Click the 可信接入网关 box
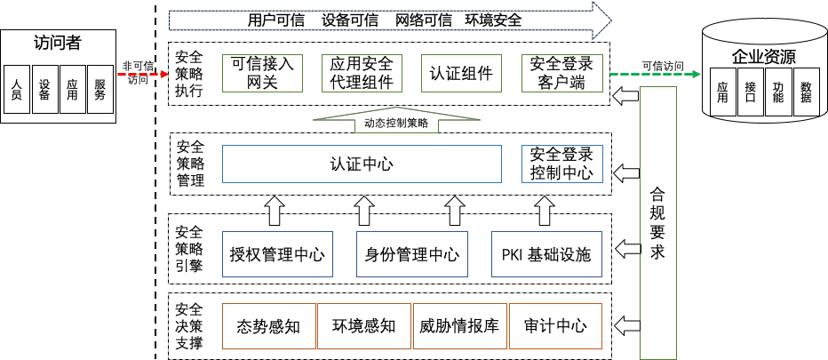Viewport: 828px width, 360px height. tap(262, 73)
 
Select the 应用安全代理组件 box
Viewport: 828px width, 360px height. tap(362, 73)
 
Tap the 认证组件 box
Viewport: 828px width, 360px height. tap(461, 73)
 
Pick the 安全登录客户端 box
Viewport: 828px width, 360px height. tap(561, 73)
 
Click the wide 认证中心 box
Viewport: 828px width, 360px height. tap(362, 164)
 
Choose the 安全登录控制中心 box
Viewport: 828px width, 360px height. tap(561, 164)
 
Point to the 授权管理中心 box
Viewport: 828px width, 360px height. tap(276, 255)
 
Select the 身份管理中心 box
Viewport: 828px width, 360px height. tap(412, 255)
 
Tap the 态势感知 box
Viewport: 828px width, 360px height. tap(268, 325)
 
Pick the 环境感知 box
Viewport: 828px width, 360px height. tap(362, 325)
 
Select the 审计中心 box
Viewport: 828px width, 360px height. tap(556, 325)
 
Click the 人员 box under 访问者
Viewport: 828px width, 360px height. tap(16, 89)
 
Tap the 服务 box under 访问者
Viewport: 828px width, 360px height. tap(100, 89)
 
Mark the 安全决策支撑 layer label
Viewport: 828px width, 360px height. tap(189, 325)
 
